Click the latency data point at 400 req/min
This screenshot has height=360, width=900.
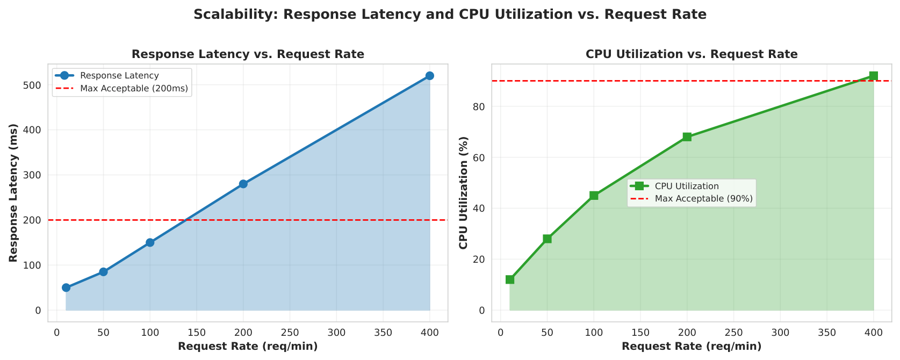pyautogui.click(x=429, y=76)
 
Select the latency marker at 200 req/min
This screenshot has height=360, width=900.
pyautogui.click(x=243, y=184)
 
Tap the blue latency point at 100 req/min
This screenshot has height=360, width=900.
pyautogui.click(x=150, y=243)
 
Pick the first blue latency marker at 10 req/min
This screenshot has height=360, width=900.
pyautogui.click(x=66, y=287)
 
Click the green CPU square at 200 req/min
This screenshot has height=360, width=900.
pyautogui.click(x=687, y=137)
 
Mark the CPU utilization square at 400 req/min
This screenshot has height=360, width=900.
pyautogui.click(x=874, y=76)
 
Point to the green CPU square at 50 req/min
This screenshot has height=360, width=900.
pyautogui.click(x=547, y=239)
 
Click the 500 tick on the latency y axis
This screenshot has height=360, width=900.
pyautogui.click(x=34, y=85)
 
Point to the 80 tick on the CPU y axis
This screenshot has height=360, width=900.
pyautogui.click(x=480, y=107)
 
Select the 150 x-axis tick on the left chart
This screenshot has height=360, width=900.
pyautogui.click(x=197, y=333)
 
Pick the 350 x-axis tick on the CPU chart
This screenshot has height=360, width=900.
pyautogui.click(x=827, y=333)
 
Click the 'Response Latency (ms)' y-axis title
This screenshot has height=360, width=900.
pyautogui.click(x=13, y=193)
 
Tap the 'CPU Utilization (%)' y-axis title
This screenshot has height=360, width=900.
pyautogui.click(x=464, y=193)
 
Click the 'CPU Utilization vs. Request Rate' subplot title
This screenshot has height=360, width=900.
pyautogui.click(x=692, y=54)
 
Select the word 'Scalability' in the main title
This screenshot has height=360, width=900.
pyautogui.click(x=236, y=15)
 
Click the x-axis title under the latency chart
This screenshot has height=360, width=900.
pyautogui.click(x=248, y=347)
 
